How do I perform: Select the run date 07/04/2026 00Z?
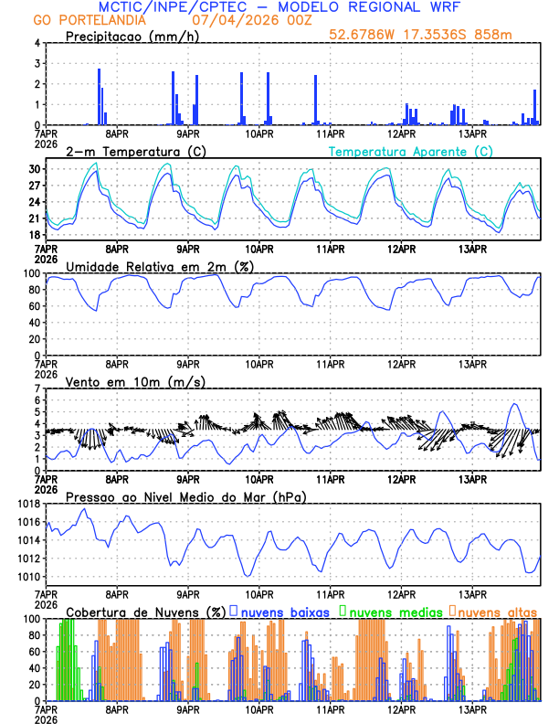click(x=251, y=20)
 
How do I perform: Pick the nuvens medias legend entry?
click(x=391, y=611)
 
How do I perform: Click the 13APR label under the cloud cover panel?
click(x=472, y=709)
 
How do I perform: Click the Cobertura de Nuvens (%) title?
click(x=145, y=611)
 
